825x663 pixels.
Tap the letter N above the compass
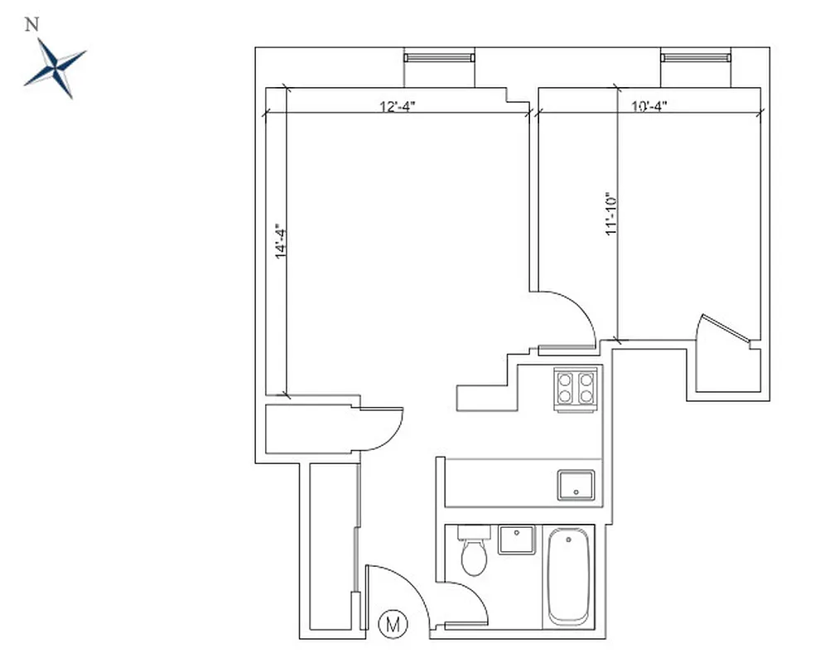coord(32,25)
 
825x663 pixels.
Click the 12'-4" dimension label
coord(397,106)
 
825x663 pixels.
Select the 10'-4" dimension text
coord(649,106)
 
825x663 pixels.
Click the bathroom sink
coord(517,540)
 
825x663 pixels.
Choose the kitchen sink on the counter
coord(576,485)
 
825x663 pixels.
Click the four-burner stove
coord(576,388)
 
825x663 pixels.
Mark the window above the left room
coord(439,57)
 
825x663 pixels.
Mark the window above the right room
coord(697,57)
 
